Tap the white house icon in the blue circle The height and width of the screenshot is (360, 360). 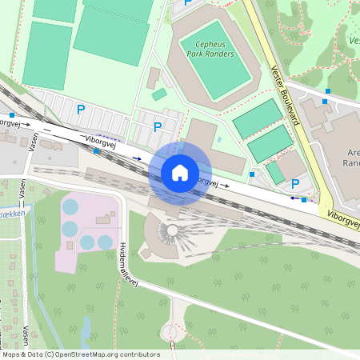click(x=180, y=172)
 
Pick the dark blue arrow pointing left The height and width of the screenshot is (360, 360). click(x=294, y=198)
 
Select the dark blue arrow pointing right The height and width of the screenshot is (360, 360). click(x=138, y=159)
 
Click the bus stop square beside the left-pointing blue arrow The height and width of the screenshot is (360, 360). click(x=304, y=199)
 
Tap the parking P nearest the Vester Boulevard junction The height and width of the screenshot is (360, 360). click(x=296, y=184)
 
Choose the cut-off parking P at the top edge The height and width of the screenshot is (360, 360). click(x=188, y=3)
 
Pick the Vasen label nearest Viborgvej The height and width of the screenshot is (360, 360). click(x=33, y=142)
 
